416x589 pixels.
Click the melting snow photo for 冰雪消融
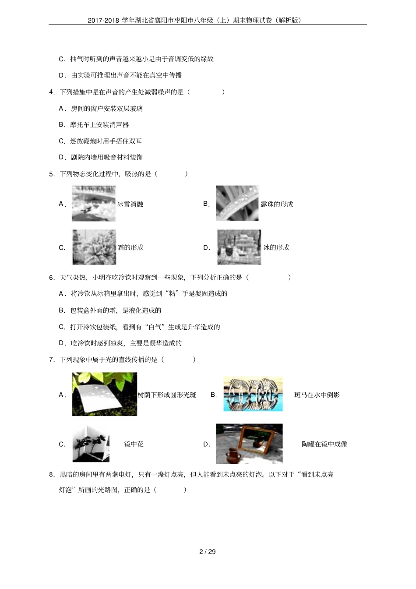94,203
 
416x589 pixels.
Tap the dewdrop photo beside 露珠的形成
237,203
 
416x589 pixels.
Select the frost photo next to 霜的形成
94,247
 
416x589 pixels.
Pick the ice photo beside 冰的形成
239,247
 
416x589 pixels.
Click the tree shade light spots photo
104,394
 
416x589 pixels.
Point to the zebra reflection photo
253,394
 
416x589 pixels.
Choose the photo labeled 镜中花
91,443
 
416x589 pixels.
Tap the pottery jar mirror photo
249,443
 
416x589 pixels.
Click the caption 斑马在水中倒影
317,395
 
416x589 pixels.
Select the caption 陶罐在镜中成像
324,444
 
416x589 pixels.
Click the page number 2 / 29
208,551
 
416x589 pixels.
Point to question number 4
51,92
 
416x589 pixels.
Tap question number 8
51,474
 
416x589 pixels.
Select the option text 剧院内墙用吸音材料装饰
106,157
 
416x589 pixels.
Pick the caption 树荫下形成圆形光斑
167,395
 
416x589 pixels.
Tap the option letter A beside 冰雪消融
62,204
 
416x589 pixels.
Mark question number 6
51,277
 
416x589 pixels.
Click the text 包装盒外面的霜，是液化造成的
116,310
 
